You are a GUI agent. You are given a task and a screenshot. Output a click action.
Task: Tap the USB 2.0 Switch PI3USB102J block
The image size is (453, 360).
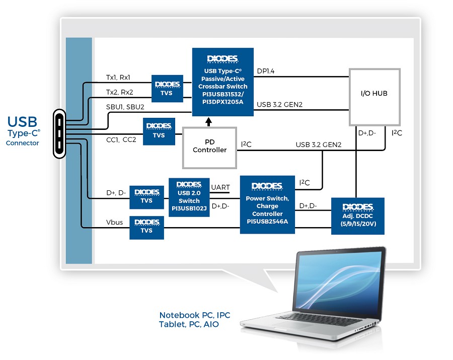coord(189,197)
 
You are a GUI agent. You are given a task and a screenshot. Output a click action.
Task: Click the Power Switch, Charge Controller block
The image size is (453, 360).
coord(267,204)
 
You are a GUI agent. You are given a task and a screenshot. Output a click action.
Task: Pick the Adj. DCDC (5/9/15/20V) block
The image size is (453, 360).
coord(358,215)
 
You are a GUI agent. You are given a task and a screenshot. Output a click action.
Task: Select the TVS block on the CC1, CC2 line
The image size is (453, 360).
coord(159,132)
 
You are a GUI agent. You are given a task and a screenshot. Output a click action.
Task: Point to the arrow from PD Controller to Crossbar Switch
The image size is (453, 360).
coord(209,121)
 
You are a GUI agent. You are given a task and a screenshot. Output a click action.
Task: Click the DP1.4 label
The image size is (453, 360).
coord(266,71)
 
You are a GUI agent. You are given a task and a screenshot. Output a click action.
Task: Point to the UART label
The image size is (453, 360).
coord(220,187)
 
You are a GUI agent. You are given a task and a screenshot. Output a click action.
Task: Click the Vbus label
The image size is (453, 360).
coord(114,222)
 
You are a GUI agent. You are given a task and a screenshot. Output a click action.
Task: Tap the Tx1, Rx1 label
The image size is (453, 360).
coord(118,78)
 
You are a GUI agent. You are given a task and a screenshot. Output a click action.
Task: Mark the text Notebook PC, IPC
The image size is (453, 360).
coord(194,315)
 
